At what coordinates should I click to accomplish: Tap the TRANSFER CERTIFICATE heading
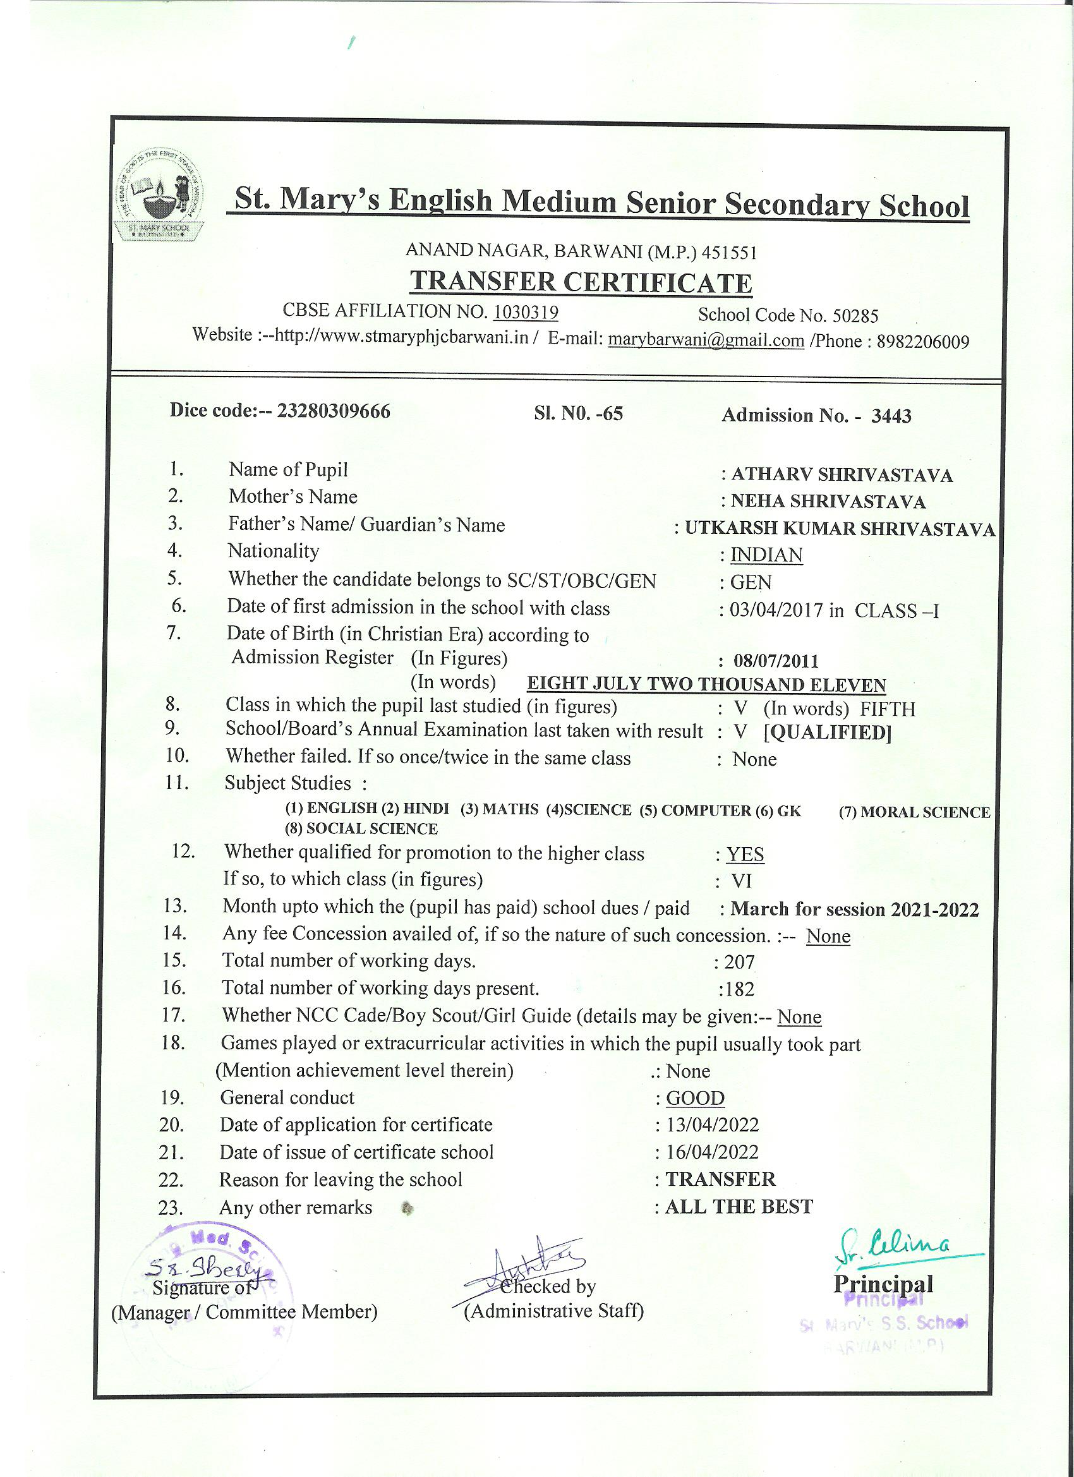tap(581, 282)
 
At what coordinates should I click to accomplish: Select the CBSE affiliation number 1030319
tap(526, 312)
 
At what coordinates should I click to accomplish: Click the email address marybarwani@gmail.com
tap(706, 340)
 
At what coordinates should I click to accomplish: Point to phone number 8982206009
tap(923, 342)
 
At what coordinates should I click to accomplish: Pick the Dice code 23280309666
tap(334, 411)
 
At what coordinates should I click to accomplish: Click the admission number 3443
tap(891, 416)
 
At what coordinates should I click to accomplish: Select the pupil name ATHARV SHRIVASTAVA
tap(842, 475)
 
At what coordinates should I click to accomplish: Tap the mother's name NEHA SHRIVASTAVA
tap(828, 502)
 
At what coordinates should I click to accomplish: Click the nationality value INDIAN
tap(766, 555)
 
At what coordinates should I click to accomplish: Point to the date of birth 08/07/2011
tap(776, 661)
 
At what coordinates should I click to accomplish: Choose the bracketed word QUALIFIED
tap(827, 733)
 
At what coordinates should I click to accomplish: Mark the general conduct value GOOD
tap(695, 1098)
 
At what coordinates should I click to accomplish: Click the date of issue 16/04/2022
tap(712, 1152)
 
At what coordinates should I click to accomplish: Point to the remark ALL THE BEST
tap(739, 1207)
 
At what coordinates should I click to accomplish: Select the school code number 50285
tap(856, 316)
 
